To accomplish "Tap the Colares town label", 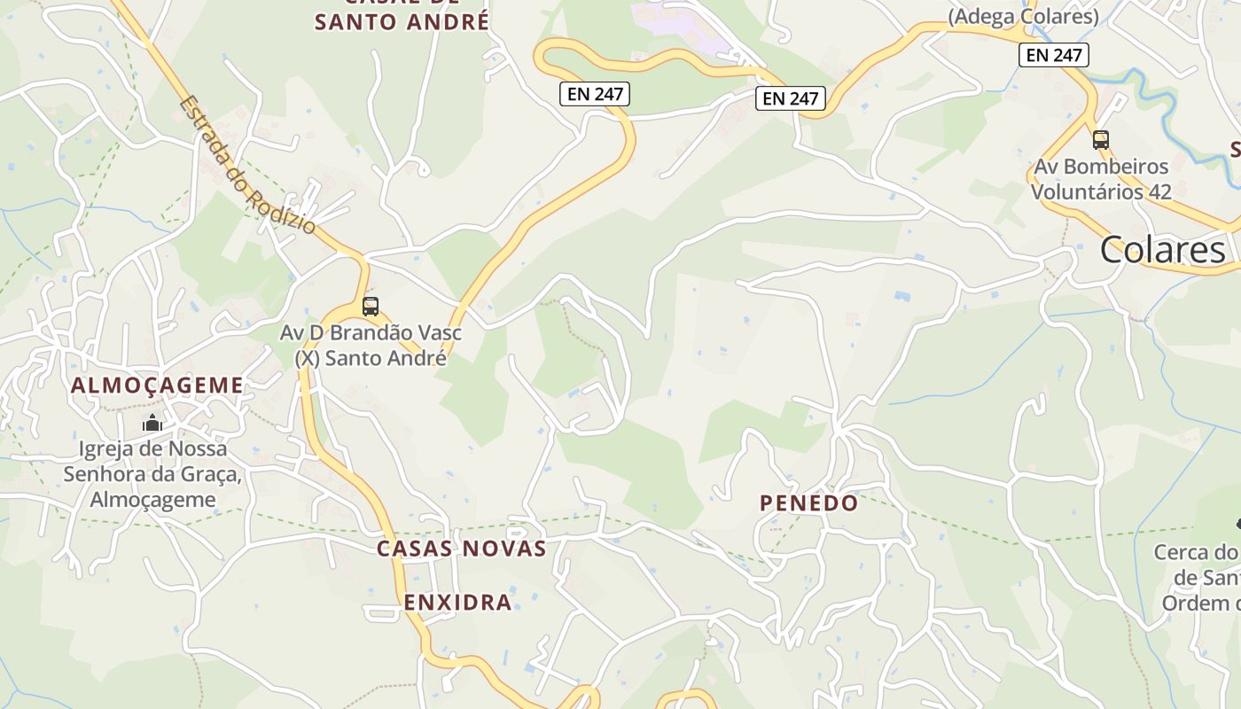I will pos(1163,251).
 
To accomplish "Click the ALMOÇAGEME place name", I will pos(157,386).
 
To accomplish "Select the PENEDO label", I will pos(809,503).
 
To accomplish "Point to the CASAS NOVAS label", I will pos(462,549).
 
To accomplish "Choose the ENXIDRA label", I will pos(458,603).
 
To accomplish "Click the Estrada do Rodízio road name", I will pos(247,165).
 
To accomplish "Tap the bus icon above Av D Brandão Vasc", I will pos(371,307).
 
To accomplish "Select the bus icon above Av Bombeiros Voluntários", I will pos(1100,140).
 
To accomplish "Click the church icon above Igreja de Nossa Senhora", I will pos(152,423).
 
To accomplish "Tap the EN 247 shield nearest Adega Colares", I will pos(1052,55).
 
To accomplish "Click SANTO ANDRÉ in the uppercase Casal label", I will pos(402,22).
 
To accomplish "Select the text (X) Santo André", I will pos(371,358).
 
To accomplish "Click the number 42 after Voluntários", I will pos(1159,191).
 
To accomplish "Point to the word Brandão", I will pos(374,334).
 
